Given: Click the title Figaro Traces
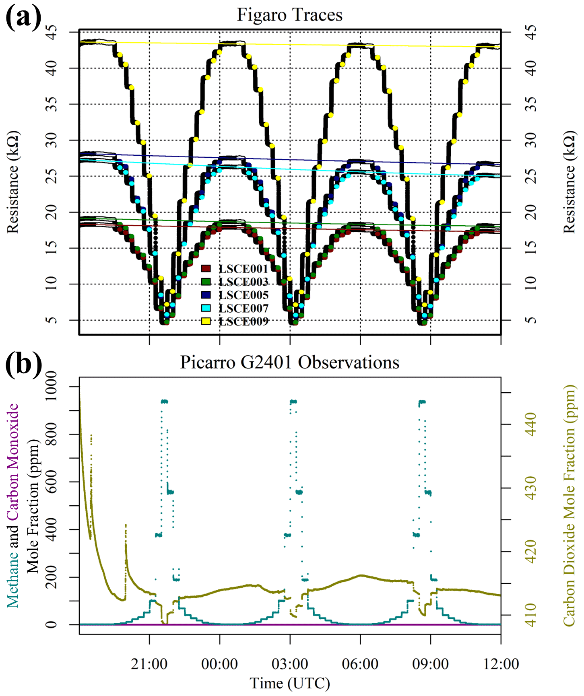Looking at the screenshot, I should coord(289,15).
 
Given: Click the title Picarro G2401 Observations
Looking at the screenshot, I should coord(289,362).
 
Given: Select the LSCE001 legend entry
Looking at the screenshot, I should coord(243,269).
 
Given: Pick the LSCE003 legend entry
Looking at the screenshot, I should coord(243,282).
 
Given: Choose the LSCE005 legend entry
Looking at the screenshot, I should coord(243,295).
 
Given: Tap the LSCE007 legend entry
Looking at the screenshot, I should coord(243,309).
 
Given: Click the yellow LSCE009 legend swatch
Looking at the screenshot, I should coord(206,321).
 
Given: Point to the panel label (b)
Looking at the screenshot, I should coord(23,364).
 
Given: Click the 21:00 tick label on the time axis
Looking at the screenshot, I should coord(149,664).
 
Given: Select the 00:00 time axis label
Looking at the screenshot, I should coord(219,664).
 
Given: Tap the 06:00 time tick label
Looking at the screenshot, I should coord(360,664).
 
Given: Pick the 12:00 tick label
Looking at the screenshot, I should coord(501,664).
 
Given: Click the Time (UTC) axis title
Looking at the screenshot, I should coord(289,683).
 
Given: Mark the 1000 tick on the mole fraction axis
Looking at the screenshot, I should coord(51,386).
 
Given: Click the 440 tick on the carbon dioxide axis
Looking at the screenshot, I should coord(531,424).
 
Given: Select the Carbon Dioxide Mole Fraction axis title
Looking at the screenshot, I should coord(569,505).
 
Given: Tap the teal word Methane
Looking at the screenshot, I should coord(13,579).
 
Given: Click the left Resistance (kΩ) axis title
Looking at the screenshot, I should coord(13,182).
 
